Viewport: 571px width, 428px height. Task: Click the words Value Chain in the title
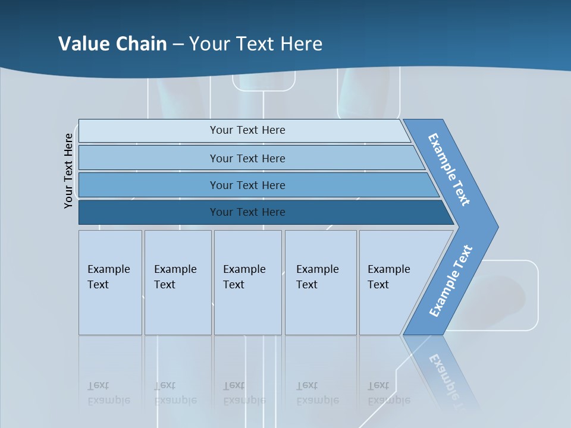(x=112, y=43)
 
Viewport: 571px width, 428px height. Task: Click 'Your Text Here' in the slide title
(x=256, y=43)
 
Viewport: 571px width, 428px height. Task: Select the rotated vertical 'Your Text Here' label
(x=68, y=171)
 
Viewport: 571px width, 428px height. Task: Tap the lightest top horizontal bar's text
(x=247, y=130)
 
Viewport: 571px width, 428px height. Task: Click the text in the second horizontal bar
(x=247, y=158)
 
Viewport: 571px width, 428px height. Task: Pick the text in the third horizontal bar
(x=247, y=185)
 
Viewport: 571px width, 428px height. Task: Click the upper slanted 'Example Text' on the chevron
(x=450, y=169)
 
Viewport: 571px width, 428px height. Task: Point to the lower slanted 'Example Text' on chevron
(x=451, y=281)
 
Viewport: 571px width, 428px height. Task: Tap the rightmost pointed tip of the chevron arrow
(x=497, y=226)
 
